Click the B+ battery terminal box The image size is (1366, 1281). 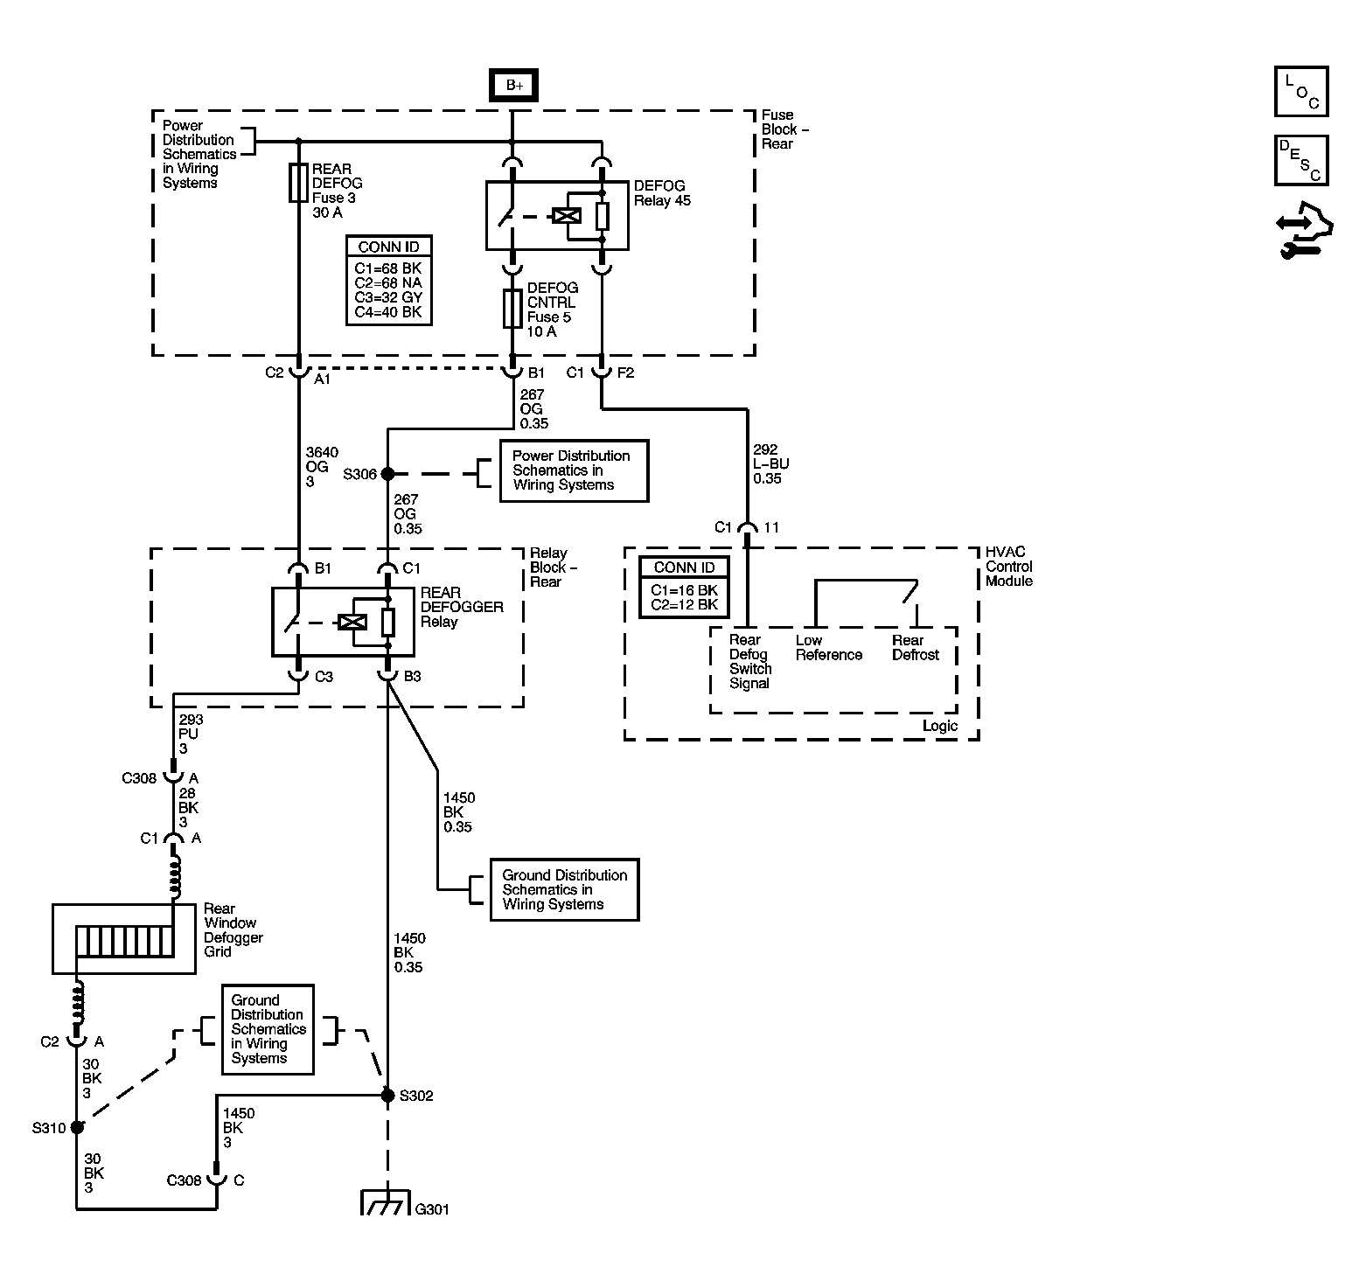tap(513, 86)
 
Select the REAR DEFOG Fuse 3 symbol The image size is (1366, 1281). tap(298, 183)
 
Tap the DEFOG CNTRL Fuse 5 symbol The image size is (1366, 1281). tap(513, 309)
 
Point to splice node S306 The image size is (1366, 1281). tap(388, 473)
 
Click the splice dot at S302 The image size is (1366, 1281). tap(387, 1095)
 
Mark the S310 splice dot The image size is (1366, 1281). tap(77, 1127)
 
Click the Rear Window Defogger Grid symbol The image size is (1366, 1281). tap(123, 939)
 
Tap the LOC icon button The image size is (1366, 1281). tap(1301, 92)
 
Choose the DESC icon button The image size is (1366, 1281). tap(1301, 160)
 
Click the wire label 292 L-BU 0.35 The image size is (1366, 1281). tap(767, 464)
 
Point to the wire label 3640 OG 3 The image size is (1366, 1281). tap(321, 466)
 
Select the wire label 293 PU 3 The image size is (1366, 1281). tap(191, 734)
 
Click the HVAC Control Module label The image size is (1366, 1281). tap(1008, 567)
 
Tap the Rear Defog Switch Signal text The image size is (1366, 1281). tap(749, 662)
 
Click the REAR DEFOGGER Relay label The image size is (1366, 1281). tap(461, 607)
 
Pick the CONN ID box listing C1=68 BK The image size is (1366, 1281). tap(388, 281)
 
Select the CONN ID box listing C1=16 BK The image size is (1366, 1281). tap(684, 587)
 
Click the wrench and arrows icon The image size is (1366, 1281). tap(1303, 232)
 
